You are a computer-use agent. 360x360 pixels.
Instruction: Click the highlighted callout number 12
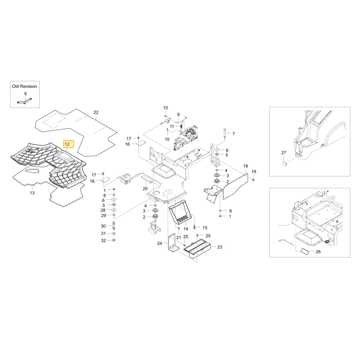point(67,144)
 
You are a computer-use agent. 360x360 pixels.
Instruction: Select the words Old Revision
point(24,86)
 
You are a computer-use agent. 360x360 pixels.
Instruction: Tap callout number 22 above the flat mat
point(96,112)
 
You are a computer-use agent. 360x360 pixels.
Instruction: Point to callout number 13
point(32,193)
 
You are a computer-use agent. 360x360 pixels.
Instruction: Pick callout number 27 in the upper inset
point(284,153)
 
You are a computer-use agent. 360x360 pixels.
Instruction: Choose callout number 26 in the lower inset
point(318,252)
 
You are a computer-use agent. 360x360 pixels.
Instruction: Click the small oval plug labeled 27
point(285,164)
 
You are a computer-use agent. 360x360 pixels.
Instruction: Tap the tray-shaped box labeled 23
point(197,249)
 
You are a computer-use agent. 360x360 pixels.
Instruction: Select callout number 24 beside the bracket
point(159,243)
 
